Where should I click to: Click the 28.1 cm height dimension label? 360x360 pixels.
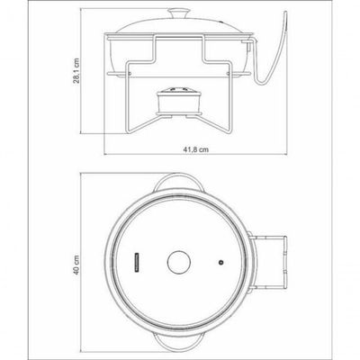76,70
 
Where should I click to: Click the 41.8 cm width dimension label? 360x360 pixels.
195,149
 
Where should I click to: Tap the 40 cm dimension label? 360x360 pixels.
76,265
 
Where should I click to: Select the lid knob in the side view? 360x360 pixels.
179,13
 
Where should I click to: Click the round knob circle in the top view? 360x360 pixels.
179,262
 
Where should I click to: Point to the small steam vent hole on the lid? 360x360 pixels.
221,263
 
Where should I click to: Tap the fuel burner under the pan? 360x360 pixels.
179,101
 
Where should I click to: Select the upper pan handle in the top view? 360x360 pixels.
179,182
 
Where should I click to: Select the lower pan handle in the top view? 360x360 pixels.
179,343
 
